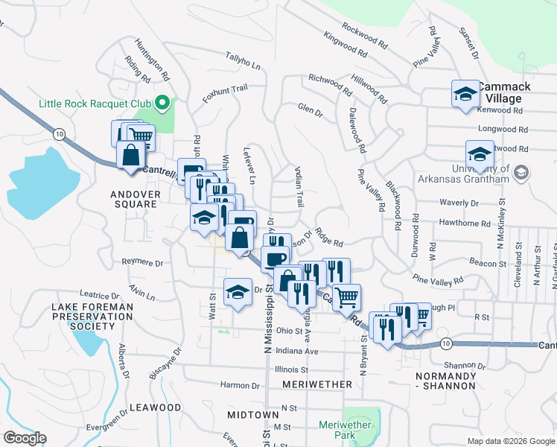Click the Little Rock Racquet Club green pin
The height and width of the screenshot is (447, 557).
point(160,104)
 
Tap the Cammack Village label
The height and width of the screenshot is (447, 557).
point(505,92)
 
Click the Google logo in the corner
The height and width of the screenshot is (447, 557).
point(25,438)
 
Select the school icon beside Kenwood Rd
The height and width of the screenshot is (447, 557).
point(465,95)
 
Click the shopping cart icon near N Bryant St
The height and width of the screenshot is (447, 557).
point(346,297)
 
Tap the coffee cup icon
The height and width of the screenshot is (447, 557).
point(274,259)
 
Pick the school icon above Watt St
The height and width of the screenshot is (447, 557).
point(237,291)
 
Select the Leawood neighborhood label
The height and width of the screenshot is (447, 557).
point(155,408)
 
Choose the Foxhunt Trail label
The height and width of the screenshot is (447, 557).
point(225,93)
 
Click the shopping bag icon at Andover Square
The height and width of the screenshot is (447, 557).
point(131,156)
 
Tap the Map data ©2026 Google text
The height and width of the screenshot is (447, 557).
point(510,441)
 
